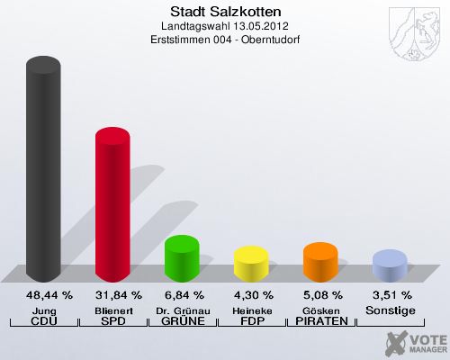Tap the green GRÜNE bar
coord(182,258)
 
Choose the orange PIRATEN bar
coord(320,262)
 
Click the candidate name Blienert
coord(112,310)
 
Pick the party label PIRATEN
coord(320,321)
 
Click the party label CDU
coord(43,321)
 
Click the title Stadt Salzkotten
coord(225,13)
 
